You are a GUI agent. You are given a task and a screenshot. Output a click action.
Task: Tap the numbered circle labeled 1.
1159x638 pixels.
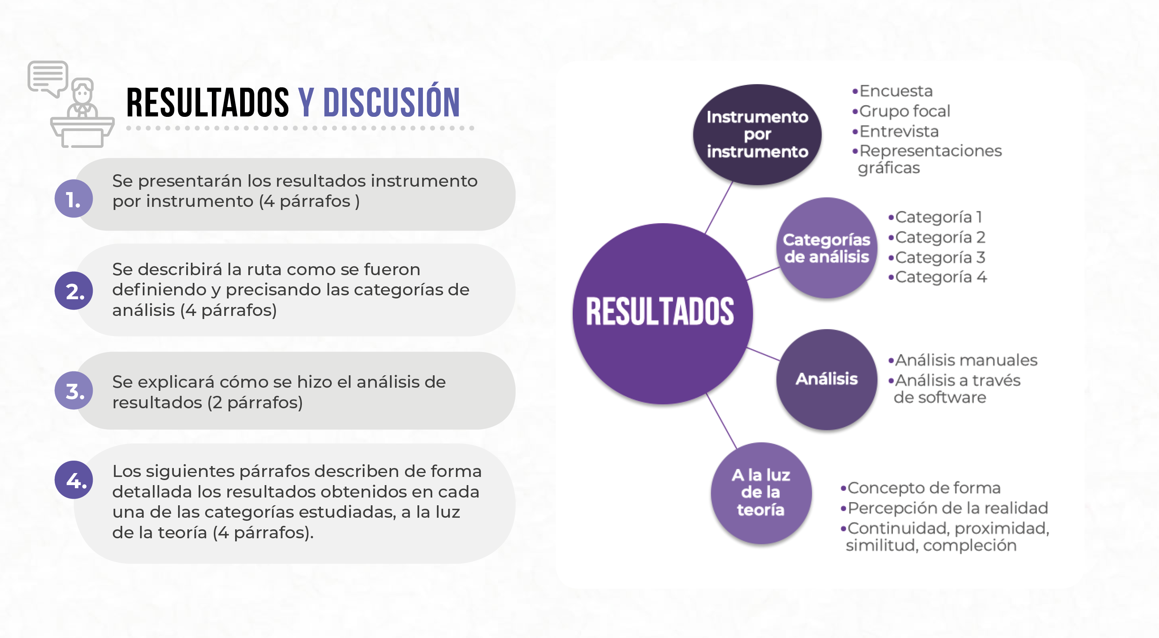[74, 198]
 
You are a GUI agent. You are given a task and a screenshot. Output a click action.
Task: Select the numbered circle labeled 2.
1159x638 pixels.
[74, 291]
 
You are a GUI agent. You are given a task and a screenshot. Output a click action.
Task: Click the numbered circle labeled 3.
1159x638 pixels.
[74, 390]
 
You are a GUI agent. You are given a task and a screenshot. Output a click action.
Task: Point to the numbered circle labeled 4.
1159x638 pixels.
[74, 480]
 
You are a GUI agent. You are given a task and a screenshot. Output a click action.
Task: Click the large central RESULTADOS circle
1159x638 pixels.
[662, 314]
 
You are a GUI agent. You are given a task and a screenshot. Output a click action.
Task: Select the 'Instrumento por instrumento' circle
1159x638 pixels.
[757, 135]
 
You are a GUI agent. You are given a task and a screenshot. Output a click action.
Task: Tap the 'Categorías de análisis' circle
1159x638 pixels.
[827, 248]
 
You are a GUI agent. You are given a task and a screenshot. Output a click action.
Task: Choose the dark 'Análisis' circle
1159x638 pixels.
[827, 379]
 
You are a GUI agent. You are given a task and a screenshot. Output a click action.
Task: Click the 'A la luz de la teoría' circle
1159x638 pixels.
[761, 493]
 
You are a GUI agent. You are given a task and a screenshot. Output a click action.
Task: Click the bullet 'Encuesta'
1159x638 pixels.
[892, 91]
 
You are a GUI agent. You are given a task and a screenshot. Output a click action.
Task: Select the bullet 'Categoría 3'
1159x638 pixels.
[937, 257]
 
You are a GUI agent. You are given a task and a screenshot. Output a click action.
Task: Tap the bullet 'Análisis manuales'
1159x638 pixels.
[963, 360]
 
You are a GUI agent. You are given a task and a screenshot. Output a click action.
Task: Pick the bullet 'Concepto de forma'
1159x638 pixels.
[920, 488]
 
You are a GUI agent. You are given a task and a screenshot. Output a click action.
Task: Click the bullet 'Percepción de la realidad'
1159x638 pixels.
[944, 508]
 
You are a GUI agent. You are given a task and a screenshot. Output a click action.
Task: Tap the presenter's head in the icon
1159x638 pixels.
[82, 91]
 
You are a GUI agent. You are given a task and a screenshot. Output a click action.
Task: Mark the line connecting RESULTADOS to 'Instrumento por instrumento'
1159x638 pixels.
[719, 207]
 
